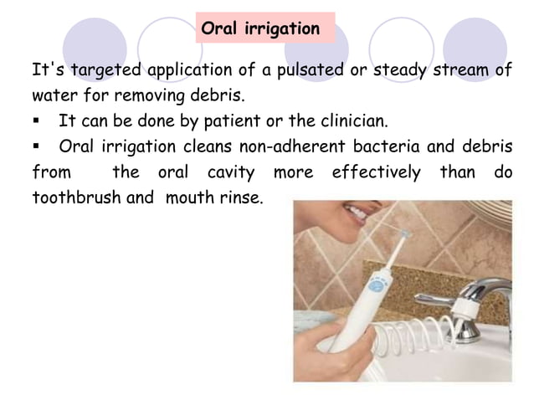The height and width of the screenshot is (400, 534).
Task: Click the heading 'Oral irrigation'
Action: (x=260, y=29)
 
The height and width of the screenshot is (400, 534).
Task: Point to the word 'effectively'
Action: (x=377, y=173)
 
